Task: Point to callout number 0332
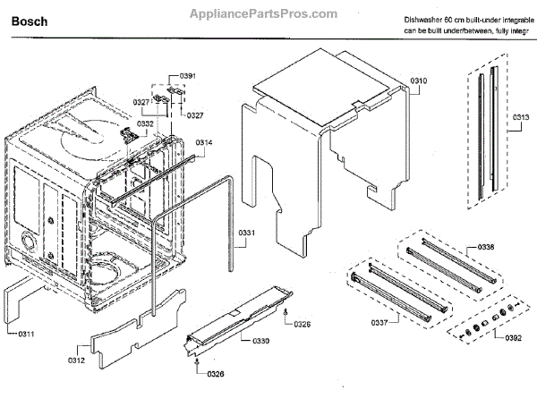[145, 123]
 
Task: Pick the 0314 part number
[204, 142]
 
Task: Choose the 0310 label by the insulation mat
[419, 81]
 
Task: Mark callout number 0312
[74, 360]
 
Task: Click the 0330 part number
[260, 341]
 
